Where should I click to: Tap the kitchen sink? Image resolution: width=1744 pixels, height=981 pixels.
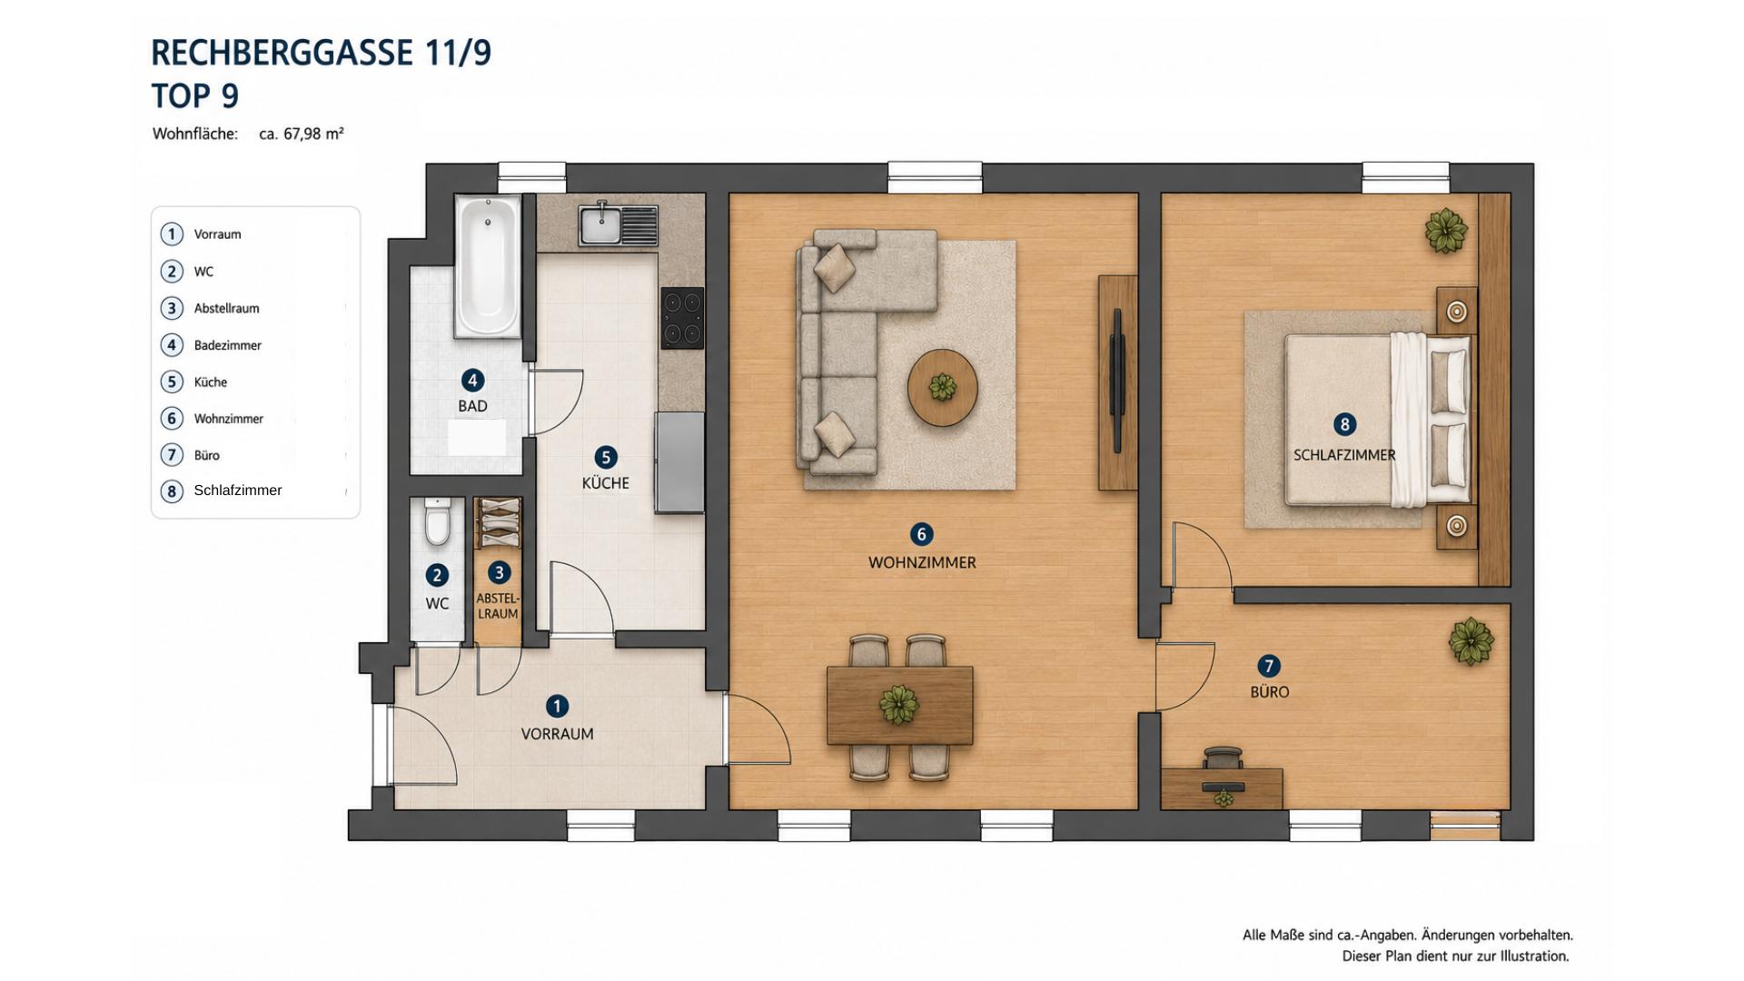[x=618, y=224]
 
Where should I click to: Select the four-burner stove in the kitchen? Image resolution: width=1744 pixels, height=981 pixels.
[x=682, y=318]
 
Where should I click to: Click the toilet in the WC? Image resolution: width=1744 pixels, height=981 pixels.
[x=437, y=521]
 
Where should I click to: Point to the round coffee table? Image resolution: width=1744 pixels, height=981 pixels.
[x=943, y=388]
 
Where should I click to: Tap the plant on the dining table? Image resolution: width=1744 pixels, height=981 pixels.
[x=898, y=705]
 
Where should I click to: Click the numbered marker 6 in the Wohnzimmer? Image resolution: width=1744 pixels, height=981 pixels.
[x=921, y=534]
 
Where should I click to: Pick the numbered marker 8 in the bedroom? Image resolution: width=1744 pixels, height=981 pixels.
[x=1344, y=424]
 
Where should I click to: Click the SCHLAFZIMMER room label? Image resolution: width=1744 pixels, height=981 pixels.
[x=1344, y=455]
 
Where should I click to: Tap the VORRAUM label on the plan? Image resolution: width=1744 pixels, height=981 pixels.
[x=557, y=734]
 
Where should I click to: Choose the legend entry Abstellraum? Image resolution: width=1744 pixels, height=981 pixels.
[x=226, y=309]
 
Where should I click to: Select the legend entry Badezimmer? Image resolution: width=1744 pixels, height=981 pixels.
[x=227, y=345]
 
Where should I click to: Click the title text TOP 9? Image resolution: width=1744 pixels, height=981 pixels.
[x=194, y=95]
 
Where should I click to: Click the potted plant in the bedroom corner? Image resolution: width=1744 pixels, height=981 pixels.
[x=1445, y=231]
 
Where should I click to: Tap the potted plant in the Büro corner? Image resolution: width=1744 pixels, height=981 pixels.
[x=1471, y=641]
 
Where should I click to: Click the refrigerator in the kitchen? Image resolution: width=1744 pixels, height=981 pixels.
[x=680, y=462]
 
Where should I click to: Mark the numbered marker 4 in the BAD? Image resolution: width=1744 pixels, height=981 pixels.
[x=472, y=381]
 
